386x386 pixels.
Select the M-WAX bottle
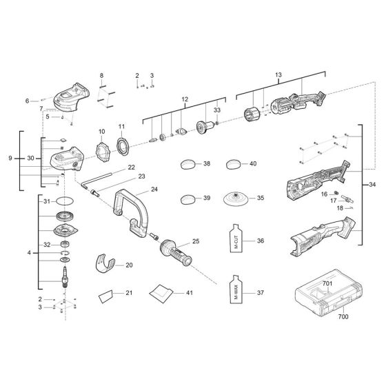[x=235, y=292]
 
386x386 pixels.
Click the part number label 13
[x=278, y=74]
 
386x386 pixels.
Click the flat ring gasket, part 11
[x=125, y=147]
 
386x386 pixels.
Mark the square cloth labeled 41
[x=160, y=292]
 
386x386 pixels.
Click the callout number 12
[x=184, y=101]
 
